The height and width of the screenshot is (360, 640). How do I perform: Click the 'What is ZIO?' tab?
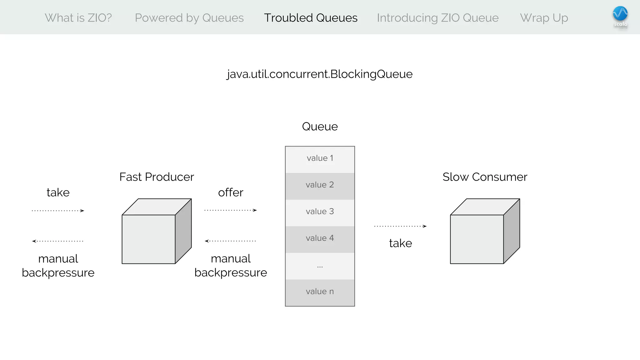78,18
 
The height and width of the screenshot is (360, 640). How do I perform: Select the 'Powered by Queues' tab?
189,18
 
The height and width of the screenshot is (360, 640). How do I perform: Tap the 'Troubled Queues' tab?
311,18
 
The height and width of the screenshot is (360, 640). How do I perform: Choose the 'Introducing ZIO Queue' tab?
437,18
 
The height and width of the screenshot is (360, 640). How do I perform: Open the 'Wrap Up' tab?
544,18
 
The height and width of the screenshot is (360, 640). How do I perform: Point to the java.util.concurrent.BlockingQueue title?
320,74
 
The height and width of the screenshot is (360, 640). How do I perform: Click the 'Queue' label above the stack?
320,127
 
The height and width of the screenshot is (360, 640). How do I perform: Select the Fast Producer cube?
156,231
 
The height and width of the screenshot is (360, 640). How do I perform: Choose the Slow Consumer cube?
485,231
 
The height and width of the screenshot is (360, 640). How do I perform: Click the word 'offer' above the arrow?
231,192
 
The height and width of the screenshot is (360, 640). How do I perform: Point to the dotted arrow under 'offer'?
231,210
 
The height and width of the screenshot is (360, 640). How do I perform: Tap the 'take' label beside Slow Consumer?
400,243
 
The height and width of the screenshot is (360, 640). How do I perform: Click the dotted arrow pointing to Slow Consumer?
400,226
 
